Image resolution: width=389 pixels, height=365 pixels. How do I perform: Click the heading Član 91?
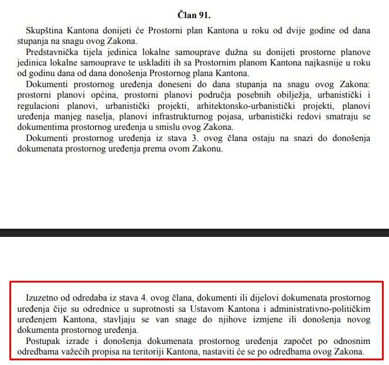(x=194, y=12)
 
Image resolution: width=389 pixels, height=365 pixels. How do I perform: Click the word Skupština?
(x=44, y=30)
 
